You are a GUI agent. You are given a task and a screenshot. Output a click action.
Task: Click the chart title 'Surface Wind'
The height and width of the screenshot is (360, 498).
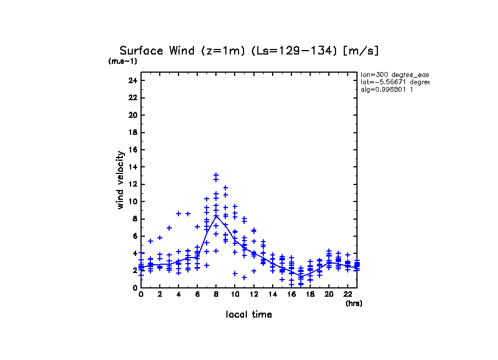tap(149, 51)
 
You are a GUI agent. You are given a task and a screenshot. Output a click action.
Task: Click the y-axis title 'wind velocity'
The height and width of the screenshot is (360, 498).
tap(120, 180)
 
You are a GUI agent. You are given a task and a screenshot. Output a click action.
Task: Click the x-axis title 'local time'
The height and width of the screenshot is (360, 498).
tap(248, 314)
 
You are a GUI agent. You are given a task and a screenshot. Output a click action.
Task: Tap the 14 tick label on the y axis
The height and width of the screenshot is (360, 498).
tap(133, 167)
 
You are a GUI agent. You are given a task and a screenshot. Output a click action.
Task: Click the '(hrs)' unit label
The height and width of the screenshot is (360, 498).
tap(354, 303)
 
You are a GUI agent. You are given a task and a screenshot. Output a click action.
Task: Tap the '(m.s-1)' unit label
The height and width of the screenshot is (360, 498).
tap(122, 61)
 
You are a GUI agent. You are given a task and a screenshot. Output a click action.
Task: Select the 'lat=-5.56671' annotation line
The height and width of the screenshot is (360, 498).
tap(394, 81)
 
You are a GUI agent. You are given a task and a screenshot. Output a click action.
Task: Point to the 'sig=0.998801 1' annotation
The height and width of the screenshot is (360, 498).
tap(387, 89)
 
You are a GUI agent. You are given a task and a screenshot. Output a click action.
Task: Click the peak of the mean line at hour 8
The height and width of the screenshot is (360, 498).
tap(216, 215)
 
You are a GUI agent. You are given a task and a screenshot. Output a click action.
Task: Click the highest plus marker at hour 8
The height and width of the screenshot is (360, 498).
tap(216, 175)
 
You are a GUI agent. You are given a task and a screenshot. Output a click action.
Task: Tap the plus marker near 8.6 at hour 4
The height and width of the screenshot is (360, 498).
tap(178, 214)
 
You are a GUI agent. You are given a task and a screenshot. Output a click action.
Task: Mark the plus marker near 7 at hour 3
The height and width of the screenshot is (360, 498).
tap(169, 227)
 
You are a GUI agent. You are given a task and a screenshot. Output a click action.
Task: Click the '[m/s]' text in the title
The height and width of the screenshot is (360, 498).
tap(360, 51)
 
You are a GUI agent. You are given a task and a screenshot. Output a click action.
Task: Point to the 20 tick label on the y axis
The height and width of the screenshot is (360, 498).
tap(133, 115)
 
